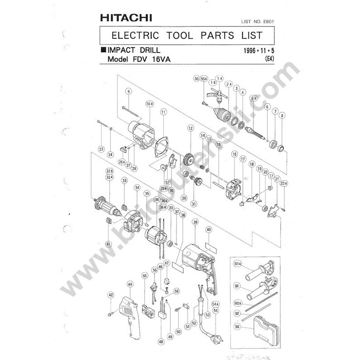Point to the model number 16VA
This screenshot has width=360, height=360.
[164, 60]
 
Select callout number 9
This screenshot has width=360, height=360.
[129, 91]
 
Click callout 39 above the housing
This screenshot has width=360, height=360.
[195, 222]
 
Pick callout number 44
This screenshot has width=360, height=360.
[130, 284]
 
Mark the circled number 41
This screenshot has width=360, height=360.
[108, 244]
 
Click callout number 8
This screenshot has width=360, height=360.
[283, 116]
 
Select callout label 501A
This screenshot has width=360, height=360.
[238, 263]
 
